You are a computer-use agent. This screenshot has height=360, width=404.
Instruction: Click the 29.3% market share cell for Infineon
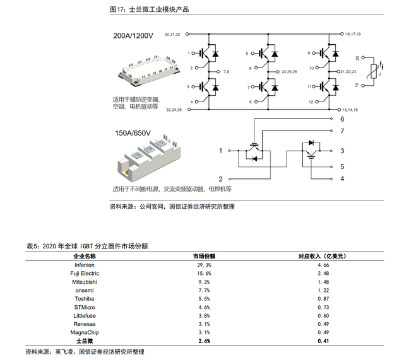pos(204,265)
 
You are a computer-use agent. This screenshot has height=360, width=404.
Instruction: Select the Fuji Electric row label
pos(85,273)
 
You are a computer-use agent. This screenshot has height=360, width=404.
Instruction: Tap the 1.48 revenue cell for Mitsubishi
pos(323,282)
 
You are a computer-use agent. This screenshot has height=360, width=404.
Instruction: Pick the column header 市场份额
pos(204,257)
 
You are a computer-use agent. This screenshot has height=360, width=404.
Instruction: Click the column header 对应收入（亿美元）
pos(323,257)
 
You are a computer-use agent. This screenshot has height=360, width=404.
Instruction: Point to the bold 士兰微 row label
pos(85,341)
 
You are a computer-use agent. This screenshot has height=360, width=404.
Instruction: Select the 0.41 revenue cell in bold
pos(323,341)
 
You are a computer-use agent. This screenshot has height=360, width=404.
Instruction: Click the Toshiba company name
pos(85,299)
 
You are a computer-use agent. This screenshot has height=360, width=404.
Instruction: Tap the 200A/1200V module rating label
pos(133,35)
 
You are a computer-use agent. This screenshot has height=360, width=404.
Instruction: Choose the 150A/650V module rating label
pos(133,133)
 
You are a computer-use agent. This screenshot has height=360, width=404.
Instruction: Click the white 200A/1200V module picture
pos(149,70)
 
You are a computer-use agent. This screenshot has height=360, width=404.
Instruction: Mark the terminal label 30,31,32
pos(172,34)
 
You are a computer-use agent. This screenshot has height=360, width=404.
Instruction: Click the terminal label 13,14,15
pos(350,110)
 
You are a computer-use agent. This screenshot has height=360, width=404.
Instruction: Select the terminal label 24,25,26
pos(289,72)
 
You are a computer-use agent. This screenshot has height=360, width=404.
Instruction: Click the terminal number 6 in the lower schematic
pos(342,119)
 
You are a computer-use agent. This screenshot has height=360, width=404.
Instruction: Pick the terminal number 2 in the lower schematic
pos(220,179)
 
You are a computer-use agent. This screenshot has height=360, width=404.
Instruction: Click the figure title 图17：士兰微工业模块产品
pos(150,9)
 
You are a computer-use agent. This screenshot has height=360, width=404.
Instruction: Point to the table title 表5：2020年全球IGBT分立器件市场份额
pos(87,247)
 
